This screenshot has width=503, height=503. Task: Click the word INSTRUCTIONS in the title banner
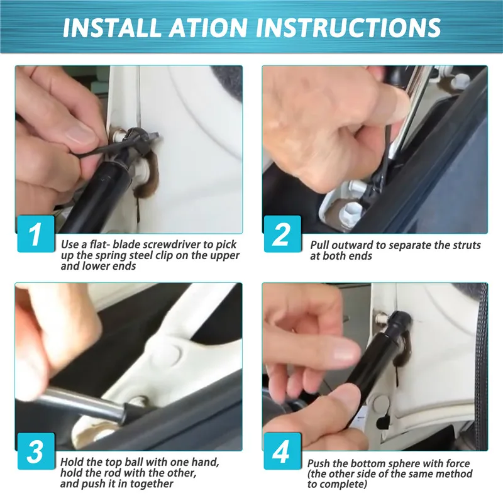point(349,27)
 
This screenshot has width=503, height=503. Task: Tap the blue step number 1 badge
point(36,233)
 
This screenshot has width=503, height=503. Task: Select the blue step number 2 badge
point(282,233)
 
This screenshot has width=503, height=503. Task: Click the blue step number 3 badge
point(36,451)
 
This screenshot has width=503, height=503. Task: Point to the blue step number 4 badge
point(282,451)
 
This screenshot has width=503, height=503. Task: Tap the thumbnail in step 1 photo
point(81,134)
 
